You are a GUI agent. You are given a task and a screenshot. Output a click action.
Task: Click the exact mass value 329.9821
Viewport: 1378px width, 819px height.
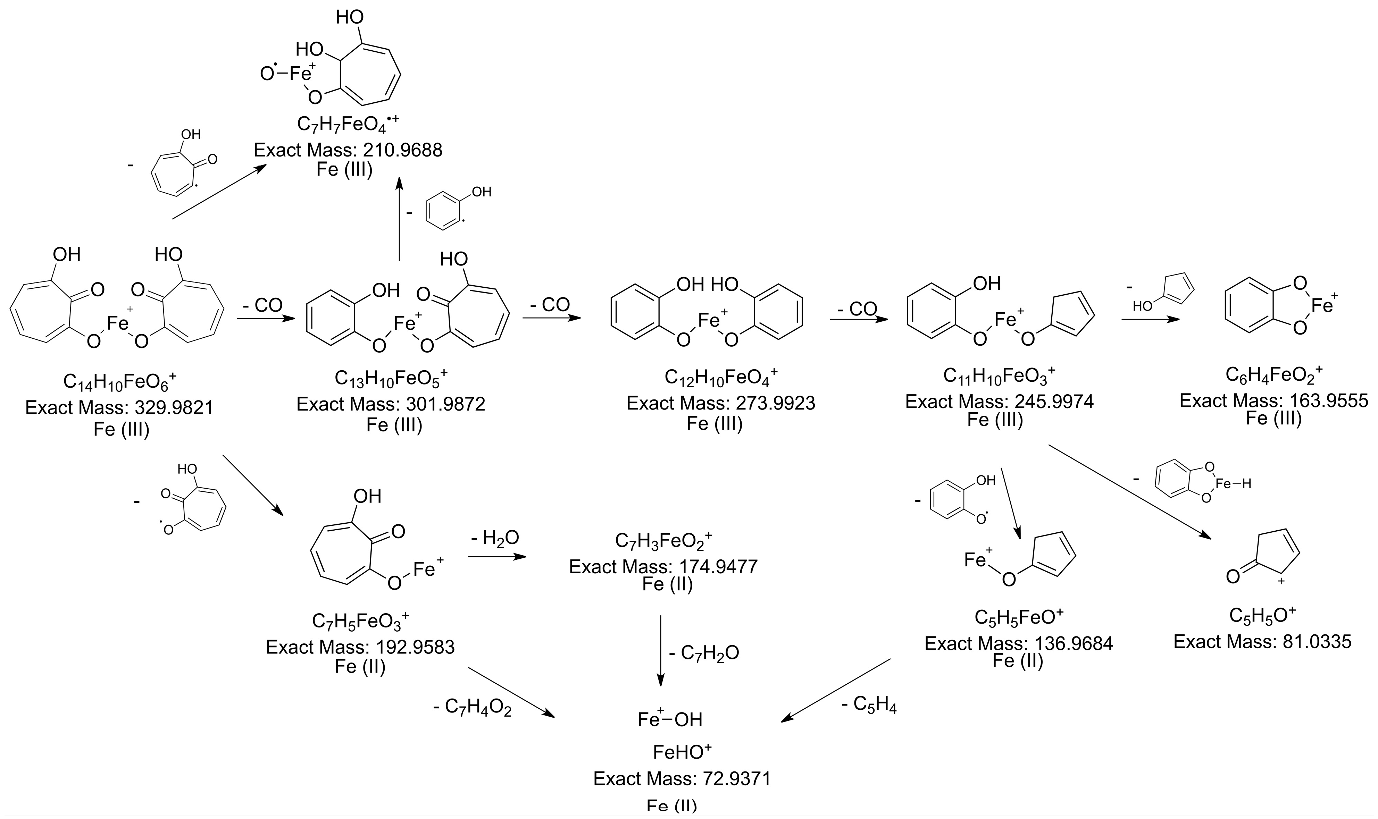pos(174,408)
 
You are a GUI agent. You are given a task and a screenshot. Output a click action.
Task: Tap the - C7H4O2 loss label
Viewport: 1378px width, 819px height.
pos(472,708)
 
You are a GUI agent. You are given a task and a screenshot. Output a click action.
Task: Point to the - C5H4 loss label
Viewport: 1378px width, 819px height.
pos(869,705)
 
